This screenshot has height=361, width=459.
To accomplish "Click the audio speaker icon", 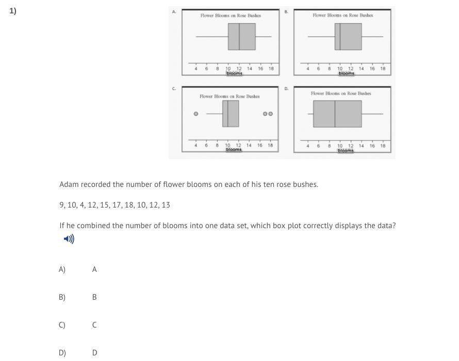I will [x=69, y=239].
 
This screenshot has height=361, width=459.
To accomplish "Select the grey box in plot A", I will [x=241, y=37].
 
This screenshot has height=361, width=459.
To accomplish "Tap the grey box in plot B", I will [x=348, y=37].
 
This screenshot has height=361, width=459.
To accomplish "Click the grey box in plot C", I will [x=231, y=114].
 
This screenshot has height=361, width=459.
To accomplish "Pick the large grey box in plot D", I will [x=337, y=114].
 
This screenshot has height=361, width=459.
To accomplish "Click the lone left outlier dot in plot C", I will [x=196, y=114].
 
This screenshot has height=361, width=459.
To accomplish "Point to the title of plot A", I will [x=231, y=15].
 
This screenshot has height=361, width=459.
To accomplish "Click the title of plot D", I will [x=340, y=93].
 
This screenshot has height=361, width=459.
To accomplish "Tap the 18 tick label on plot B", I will [x=383, y=68].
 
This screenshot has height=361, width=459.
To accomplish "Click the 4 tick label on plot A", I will [x=196, y=68].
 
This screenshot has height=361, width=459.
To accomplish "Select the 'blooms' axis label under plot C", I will [x=234, y=150].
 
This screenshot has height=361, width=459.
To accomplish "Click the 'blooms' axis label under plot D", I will [x=346, y=150].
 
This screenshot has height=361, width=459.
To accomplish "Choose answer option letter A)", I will [x=62, y=269].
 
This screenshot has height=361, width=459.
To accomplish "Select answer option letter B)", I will [x=62, y=297].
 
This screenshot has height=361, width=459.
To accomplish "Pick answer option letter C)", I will [x=62, y=325].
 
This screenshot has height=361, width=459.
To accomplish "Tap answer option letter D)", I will [x=62, y=353].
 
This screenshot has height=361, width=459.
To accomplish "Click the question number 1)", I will [x=13, y=10].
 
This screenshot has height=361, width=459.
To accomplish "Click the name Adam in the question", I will [x=68, y=184].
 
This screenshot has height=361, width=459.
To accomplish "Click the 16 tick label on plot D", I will [x=372, y=146].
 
